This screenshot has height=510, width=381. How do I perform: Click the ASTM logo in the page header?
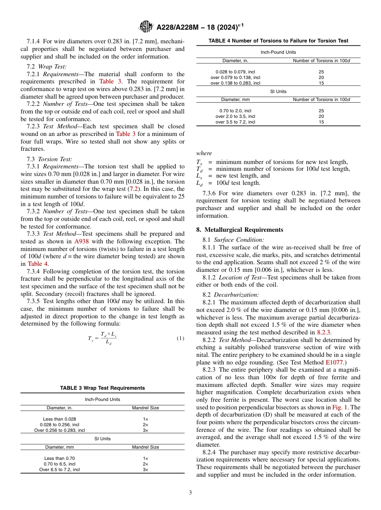[x=146, y=27]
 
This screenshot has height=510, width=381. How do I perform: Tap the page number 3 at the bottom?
[x=190, y=492]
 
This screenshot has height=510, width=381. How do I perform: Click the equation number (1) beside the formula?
[x=180, y=338]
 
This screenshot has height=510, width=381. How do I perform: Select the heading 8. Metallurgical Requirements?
[x=240, y=230]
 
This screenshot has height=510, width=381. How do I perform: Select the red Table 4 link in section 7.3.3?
[x=38, y=263]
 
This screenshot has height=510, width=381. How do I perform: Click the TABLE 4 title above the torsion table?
[x=278, y=40]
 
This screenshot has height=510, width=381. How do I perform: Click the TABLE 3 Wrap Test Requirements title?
[x=102, y=388]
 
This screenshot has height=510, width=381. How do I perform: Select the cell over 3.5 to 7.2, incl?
[x=235, y=122]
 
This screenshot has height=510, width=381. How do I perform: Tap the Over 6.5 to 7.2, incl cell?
[x=59, y=470]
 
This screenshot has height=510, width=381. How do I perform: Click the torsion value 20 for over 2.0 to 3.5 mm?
[x=321, y=116]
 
